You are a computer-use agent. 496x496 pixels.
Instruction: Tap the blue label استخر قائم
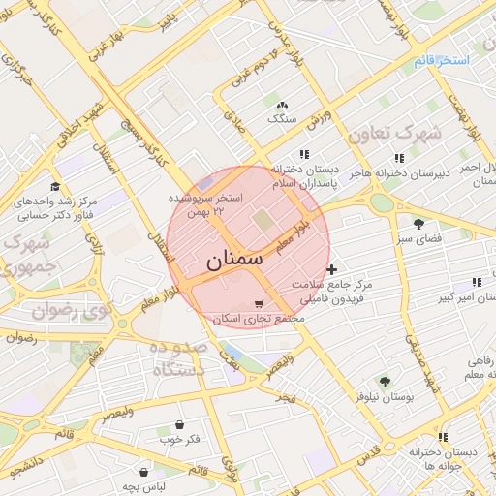click(x=441, y=61)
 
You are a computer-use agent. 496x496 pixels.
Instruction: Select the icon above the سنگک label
click(x=282, y=105)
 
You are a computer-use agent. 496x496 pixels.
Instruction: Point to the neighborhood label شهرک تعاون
click(x=394, y=132)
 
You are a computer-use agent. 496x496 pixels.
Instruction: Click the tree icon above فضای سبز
click(x=418, y=224)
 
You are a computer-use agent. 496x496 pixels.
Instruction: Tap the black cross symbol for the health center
click(x=332, y=269)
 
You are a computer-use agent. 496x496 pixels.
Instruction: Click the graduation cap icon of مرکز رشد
click(x=55, y=187)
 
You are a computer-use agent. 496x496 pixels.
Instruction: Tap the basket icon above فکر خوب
click(x=180, y=425)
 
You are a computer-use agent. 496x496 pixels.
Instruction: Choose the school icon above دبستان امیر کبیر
click(x=476, y=282)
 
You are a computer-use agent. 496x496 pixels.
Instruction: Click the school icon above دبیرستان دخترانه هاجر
click(x=398, y=158)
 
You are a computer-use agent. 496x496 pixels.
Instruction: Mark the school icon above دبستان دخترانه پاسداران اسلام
click(x=304, y=154)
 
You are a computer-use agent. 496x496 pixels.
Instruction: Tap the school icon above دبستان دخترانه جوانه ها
click(x=443, y=437)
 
